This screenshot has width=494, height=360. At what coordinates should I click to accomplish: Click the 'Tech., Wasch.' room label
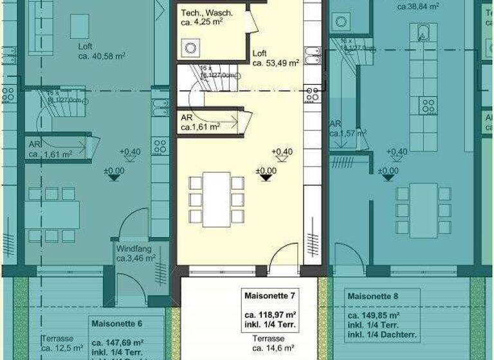pos(206,13)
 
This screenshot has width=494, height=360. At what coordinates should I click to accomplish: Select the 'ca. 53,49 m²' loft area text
pos(276,63)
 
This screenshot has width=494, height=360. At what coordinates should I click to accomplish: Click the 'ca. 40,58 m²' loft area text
pos(102,56)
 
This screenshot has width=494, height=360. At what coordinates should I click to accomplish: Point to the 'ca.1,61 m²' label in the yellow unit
pos(200,128)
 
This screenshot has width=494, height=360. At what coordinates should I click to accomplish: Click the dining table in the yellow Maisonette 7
pos(217,199)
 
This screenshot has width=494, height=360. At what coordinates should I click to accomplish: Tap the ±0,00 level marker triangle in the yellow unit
pos(266,177)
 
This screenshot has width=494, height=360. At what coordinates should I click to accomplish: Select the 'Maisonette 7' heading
pos(270,296)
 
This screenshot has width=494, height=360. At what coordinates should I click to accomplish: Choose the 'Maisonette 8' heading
pos(373,296)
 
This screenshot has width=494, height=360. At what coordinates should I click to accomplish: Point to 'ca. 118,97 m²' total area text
pos(270,316)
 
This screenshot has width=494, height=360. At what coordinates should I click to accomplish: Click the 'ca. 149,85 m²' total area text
pos(374,316)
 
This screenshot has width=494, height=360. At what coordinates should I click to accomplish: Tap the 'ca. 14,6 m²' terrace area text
pos(270,348)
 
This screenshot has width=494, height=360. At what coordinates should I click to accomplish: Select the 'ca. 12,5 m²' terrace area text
pos(62,348)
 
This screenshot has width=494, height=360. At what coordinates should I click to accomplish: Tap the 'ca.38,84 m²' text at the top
pos(418,6)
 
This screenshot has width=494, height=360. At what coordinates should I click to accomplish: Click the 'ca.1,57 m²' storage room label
pos(348,134)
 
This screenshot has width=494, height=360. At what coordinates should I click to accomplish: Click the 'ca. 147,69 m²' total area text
pos(117,343)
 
